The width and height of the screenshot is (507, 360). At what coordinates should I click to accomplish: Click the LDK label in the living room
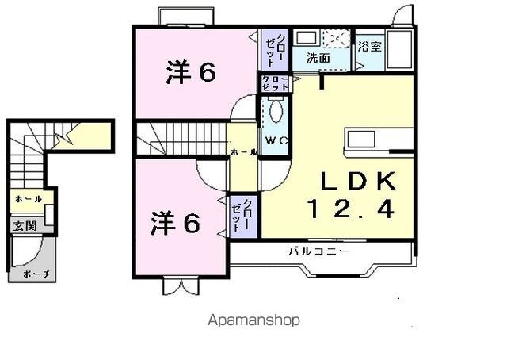pos(358,182)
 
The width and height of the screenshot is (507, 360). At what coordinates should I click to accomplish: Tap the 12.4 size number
pos(351,209)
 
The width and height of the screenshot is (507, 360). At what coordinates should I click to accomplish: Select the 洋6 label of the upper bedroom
pos(191,72)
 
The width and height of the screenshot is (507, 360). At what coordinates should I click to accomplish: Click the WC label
pos(276,140)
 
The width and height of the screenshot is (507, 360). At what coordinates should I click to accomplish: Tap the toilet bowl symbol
pos(276,111)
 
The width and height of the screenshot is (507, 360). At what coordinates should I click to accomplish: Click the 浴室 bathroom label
pos(370,47)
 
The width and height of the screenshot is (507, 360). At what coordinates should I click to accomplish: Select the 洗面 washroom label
pos(318,58)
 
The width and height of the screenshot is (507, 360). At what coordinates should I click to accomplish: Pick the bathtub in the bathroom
pos(399,49)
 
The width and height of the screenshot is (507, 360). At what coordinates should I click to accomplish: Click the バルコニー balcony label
pos(319,251)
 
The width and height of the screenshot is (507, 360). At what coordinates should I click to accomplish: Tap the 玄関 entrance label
pos(25,226)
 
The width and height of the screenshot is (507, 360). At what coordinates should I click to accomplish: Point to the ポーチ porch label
pos(37,274)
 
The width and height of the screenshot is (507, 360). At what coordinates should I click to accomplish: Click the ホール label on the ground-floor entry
pos(29,199)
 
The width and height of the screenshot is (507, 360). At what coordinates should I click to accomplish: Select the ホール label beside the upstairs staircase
pos(244,151)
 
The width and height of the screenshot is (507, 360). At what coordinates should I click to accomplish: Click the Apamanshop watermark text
pos(253,320)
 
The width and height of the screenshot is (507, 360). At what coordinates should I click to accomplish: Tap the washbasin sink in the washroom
pos(307,38)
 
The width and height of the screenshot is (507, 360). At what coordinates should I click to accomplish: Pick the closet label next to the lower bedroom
pos(242,216)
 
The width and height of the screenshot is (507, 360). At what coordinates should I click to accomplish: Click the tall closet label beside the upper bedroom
pos(275,49)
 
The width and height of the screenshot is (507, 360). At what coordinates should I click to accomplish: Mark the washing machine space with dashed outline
pos(336,39)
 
